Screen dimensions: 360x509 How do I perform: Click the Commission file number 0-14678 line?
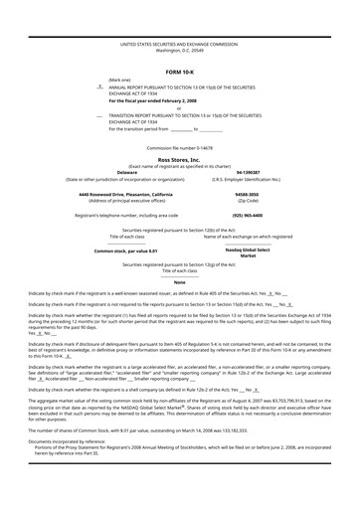tap(179, 147)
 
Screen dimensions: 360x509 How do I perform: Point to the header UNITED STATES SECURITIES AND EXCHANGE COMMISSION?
tap(179, 45)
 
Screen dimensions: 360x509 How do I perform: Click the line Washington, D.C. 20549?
tap(179, 52)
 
